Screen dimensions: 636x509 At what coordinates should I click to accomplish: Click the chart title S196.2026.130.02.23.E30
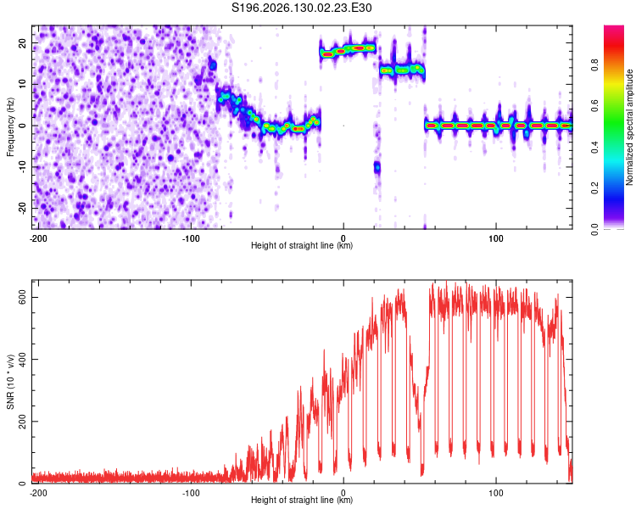tap(301, 8)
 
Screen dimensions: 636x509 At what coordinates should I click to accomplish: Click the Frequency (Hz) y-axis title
tap(10, 127)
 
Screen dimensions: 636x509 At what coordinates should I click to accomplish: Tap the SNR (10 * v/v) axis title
tap(10, 382)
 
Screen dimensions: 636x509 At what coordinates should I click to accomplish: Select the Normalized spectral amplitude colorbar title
tap(629, 127)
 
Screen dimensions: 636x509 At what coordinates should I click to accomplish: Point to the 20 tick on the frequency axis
tap(23, 43)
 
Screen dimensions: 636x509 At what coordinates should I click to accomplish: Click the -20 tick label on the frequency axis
tap(23, 209)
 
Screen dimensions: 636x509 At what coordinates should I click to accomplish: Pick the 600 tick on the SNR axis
tap(23, 298)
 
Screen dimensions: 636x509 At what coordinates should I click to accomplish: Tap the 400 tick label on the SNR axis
tap(23, 360)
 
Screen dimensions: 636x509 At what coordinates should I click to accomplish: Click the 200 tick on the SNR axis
tap(23, 422)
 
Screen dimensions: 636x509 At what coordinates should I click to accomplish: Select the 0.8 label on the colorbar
tap(595, 65)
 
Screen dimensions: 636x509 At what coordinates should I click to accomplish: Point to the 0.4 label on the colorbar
tap(595, 147)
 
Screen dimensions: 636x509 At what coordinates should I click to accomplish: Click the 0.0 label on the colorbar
tap(595, 229)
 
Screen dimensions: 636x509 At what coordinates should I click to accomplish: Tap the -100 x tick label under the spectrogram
tap(191, 238)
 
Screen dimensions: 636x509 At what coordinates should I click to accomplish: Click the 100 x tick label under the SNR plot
tap(496, 493)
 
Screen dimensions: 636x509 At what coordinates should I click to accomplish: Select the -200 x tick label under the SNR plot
tap(38, 493)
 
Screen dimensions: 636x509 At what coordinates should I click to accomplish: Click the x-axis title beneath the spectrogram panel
tap(302, 245)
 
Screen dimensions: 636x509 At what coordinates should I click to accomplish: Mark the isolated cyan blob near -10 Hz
tap(377, 167)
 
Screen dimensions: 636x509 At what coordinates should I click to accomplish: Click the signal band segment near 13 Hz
tap(402, 70)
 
